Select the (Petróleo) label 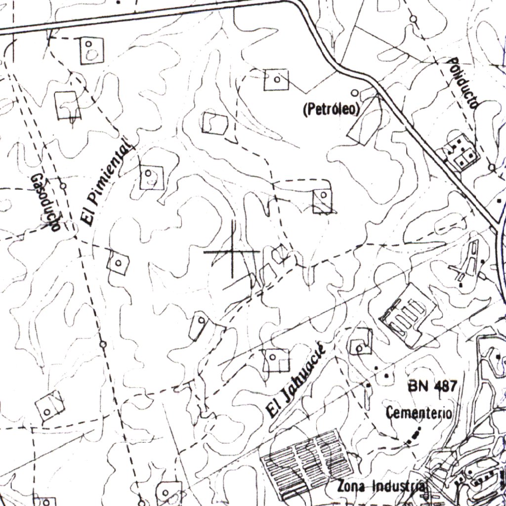point(331,110)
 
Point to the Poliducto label point(463,83)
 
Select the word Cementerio point(419,413)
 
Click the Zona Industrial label point(380,486)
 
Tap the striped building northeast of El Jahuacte point(407,316)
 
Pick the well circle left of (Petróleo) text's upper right point(354,92)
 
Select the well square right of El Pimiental point(151,177)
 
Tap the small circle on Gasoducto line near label point(63,186)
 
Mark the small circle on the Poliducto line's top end point(413,19)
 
